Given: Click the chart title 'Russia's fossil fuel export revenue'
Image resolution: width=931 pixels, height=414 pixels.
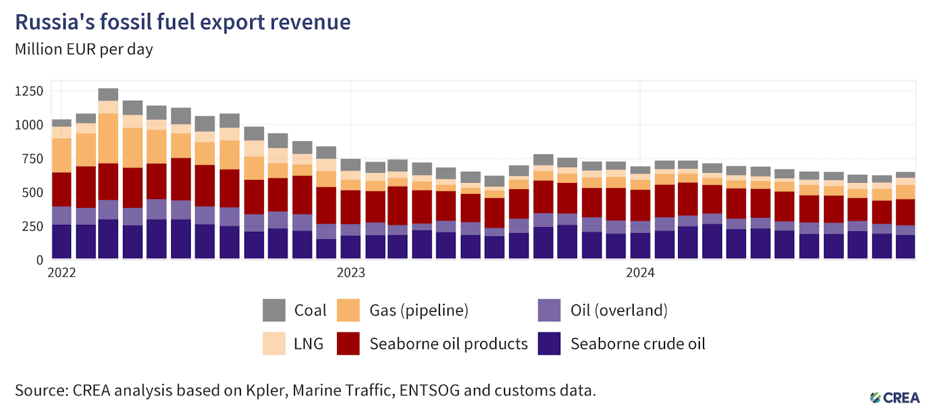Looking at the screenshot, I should (x=183, y=22).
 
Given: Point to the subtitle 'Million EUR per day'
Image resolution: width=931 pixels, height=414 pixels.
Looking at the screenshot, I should (x=84, y=49).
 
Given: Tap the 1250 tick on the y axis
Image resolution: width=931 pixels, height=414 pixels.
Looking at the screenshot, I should (x=29, y=91).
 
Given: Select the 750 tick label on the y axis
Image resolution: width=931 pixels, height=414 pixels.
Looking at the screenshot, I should (x=32, y=159).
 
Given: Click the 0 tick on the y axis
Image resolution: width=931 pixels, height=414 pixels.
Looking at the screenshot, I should (x=40, y=260).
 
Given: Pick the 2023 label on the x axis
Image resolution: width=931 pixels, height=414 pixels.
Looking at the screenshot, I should (x=351, y=273).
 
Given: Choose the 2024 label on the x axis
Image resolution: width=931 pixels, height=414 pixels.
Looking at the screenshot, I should (x=640, y=273).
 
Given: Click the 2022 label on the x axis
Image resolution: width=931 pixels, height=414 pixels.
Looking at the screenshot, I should (x=62, y=273).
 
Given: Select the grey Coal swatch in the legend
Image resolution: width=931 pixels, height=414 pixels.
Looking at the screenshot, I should (x=273, y=310).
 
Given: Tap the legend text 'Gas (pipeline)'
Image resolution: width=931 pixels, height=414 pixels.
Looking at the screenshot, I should (x=419, y=310).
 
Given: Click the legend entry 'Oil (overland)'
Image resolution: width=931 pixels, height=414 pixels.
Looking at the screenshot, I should (x=619, y=310).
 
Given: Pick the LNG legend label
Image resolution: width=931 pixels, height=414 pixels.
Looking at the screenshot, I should (x=308, y=344).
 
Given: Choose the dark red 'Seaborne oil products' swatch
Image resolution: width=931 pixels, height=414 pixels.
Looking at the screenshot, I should (x=348, y=344).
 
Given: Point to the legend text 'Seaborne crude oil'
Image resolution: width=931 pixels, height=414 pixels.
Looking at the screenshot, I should (x=638, y=344).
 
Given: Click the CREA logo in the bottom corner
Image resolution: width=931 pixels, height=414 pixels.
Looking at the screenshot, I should (x=895, y=398).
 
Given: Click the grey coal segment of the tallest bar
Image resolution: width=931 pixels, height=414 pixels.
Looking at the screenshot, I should (x=108, y=94).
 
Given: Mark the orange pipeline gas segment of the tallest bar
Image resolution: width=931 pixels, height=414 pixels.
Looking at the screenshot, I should (x=108, y=139).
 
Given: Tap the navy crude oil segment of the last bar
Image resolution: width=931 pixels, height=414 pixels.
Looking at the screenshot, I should (x=905, y=246).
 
